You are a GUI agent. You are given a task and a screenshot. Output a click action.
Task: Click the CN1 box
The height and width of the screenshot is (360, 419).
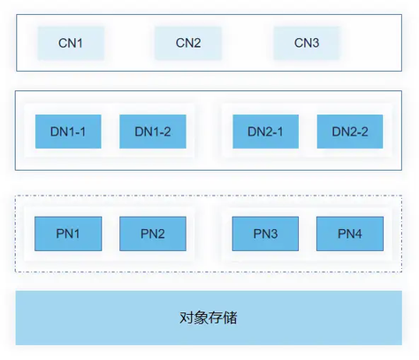[x=71, y=43]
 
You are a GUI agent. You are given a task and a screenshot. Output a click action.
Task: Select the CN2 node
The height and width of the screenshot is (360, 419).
[x=188, y=43]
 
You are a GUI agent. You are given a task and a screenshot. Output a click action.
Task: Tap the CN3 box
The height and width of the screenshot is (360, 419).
[x=307, y=43]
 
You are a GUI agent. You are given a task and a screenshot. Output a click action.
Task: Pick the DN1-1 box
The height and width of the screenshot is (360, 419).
[x=68, y=132]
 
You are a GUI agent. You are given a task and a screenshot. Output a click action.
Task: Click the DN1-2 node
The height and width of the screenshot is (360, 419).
[x=153, y=132]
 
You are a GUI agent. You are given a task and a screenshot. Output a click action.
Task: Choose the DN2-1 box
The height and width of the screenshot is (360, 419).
[x=265, y=132]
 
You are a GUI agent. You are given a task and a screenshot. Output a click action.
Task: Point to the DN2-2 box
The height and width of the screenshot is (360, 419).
[x=350, y=132]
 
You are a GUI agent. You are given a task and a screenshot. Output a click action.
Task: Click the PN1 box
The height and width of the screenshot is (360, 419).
[x=68, y=234]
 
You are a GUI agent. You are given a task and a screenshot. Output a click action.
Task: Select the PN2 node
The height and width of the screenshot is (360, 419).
[x=153, y=234]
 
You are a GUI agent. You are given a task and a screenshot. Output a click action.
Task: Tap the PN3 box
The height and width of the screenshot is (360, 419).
[x=265, y=234]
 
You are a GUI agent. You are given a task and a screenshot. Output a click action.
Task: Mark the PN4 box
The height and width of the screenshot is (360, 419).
[x=350, y=234]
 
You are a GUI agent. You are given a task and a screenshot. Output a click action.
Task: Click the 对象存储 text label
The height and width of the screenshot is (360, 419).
[x=209, y=318]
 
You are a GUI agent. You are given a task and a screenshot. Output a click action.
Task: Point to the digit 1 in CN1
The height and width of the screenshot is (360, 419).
[x=80, y=43]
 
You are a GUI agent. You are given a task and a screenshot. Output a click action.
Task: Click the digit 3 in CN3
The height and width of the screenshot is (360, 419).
[x=315, y=43]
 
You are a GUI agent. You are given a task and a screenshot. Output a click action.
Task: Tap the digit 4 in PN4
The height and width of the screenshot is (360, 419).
[x=358, y=234]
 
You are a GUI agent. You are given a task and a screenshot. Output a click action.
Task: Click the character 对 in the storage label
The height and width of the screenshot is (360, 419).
[x=187, y=318]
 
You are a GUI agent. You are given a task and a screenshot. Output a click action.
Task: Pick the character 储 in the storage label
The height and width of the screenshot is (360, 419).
[x=230, y=318]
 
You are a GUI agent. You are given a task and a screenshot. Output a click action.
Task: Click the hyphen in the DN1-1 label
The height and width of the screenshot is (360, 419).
[x=76, y=133]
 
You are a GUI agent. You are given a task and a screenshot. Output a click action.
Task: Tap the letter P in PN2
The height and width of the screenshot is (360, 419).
[x=144, y=234]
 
